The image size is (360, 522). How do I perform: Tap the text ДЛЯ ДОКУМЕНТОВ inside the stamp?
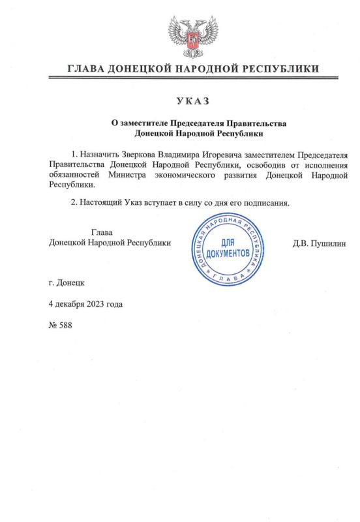226,247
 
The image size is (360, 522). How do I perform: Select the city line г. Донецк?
66,283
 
